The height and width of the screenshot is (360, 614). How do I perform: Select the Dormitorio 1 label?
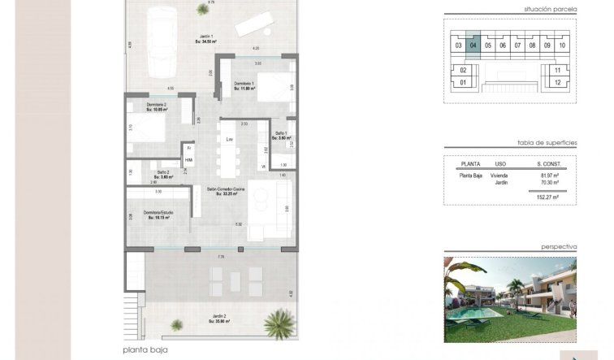click(x=244, y=86)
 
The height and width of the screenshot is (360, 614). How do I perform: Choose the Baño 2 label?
click(x=163, y=174)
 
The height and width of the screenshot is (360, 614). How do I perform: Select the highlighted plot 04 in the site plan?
click(x=473, y=46)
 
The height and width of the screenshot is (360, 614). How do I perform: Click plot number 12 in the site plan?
click(x=557, y=82)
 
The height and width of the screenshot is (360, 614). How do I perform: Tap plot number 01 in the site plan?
click(x=463, y=82)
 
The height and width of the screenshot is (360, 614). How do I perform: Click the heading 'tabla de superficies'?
click(x=547, y=142)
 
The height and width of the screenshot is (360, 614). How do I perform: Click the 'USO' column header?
click(x=502, y=163)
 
